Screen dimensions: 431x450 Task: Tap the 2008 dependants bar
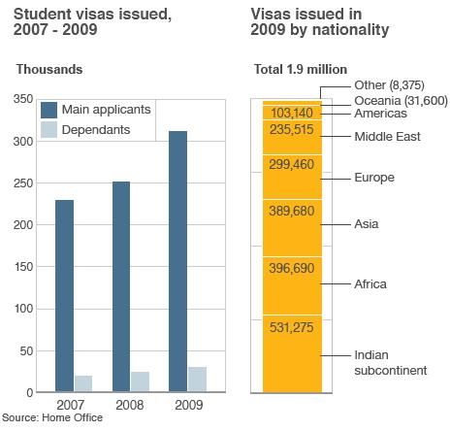click(x=141, y=381)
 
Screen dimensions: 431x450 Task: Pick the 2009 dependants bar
click(x=197, y=380)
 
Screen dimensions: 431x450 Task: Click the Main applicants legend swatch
click(x=48, y=109)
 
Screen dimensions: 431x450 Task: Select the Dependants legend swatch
click(x=48, y=128)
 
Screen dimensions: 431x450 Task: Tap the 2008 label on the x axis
click(x=131, y=403)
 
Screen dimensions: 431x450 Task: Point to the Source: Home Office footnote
click(x=52, y=418)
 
